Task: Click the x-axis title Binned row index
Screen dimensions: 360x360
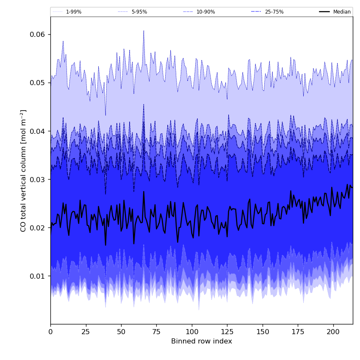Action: (x=202, y=341)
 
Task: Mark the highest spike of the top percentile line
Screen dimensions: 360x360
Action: (x=144, y=30)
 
